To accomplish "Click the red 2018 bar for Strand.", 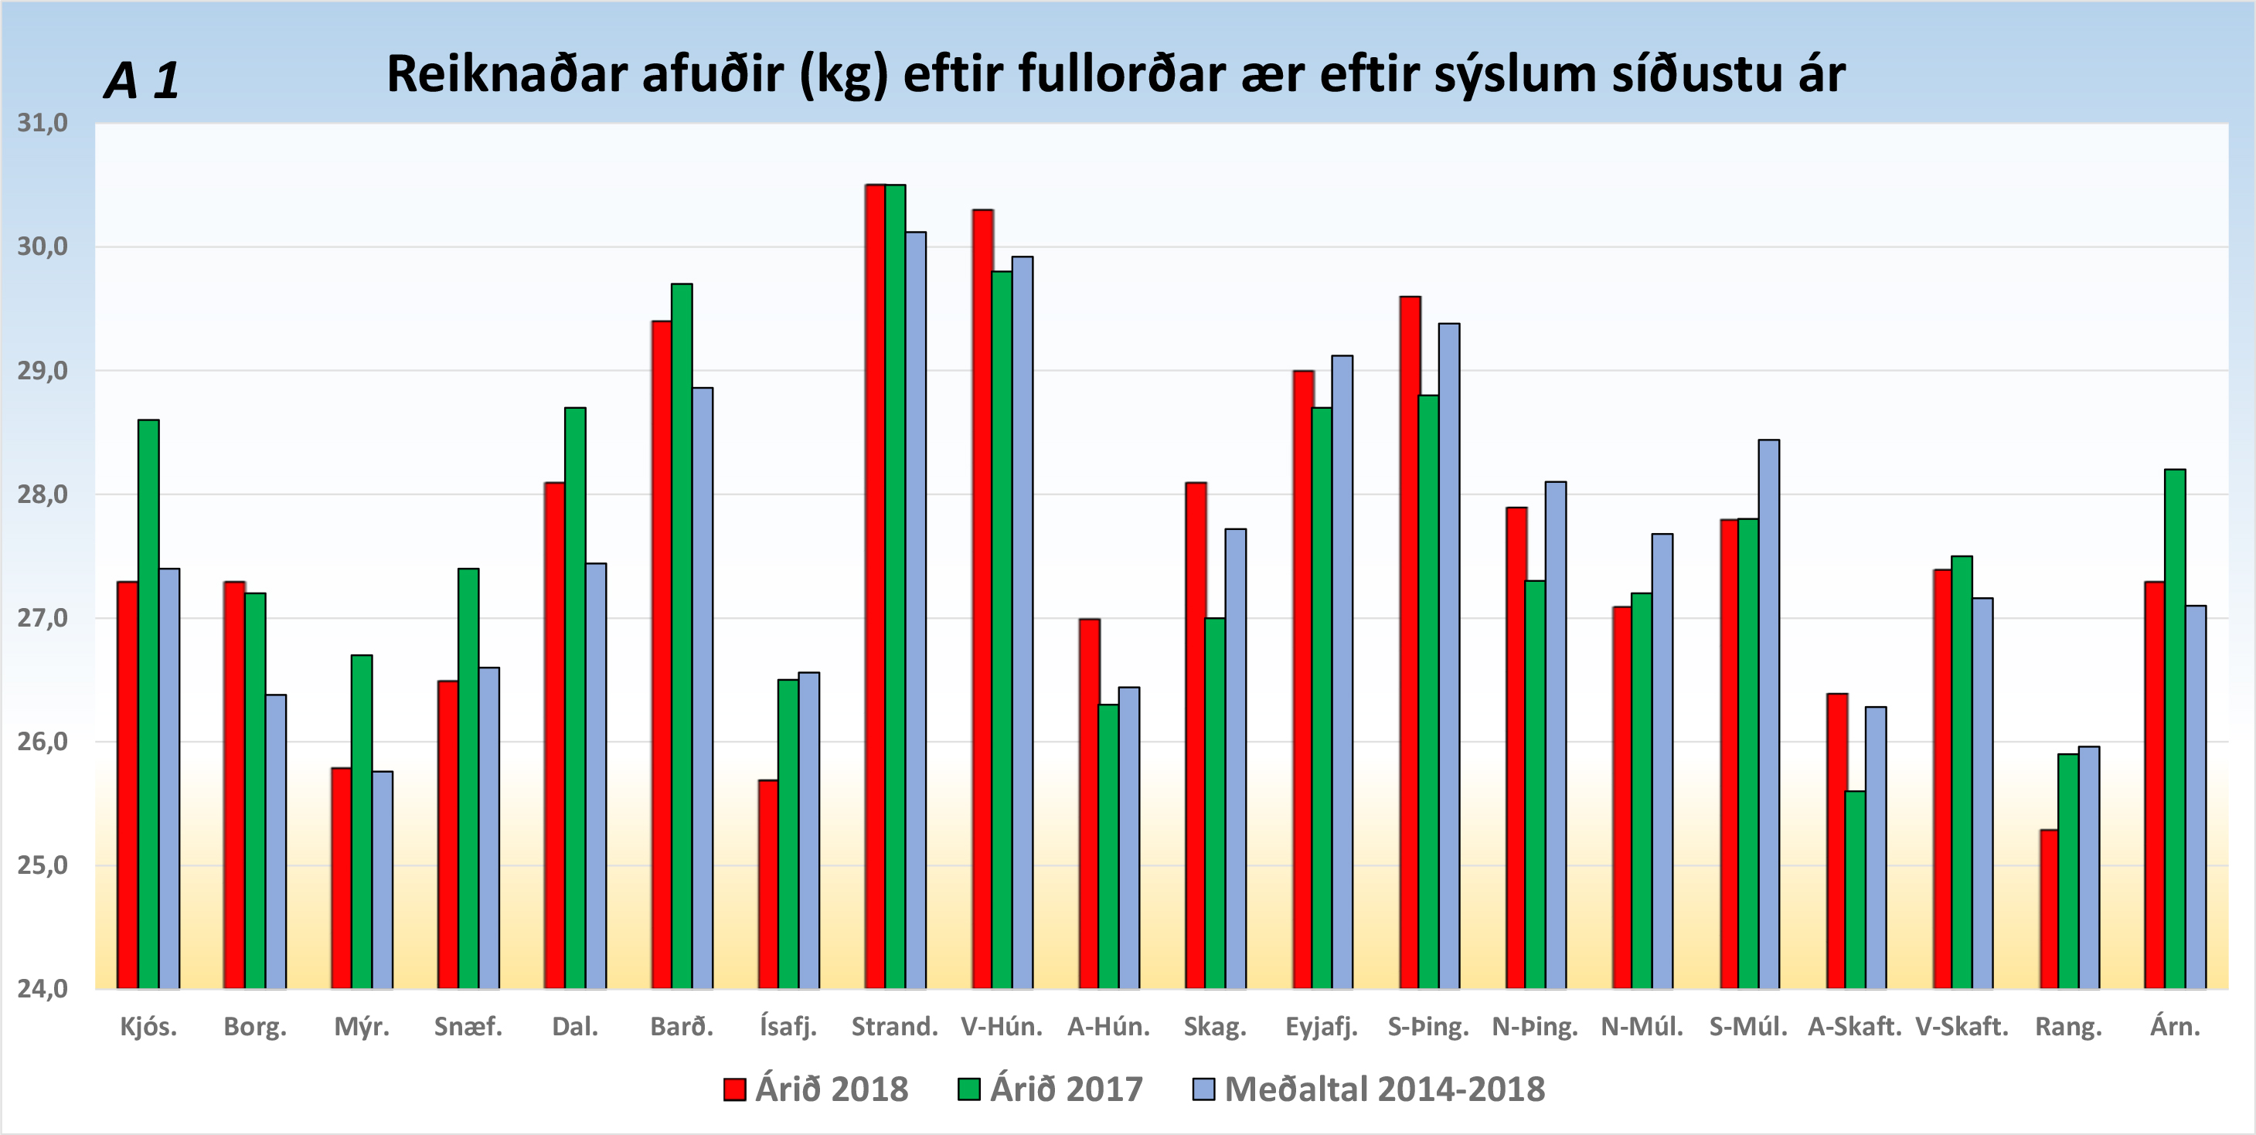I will (x=875, y=586).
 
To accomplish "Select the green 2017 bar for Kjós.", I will (x=149, y=705).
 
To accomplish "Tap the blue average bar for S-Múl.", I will (x=1768, y=714).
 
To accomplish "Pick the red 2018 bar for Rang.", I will (x=2048, y=909).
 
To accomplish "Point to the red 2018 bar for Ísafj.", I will (x=768, y=885).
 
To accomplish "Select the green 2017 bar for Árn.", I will (x=2175, y=729).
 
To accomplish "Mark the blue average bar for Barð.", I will (x=703, y=688).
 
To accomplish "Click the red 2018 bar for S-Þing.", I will (x=1410, y=643).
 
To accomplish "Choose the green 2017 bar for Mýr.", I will (x=362, y=821).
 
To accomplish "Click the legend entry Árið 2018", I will (x=816, y=1089).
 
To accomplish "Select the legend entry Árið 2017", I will (x=1051, y=1089).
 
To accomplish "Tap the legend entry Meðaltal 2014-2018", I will (x=1369, y=1089).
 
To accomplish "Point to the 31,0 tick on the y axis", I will (x=42, y=123).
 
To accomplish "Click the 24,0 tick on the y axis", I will (x=42, y=989).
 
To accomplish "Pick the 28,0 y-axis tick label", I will (x=42, y=494).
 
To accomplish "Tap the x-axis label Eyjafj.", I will (x=1322, y=1026).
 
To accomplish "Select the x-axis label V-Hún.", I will (x=1001, y=1026).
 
